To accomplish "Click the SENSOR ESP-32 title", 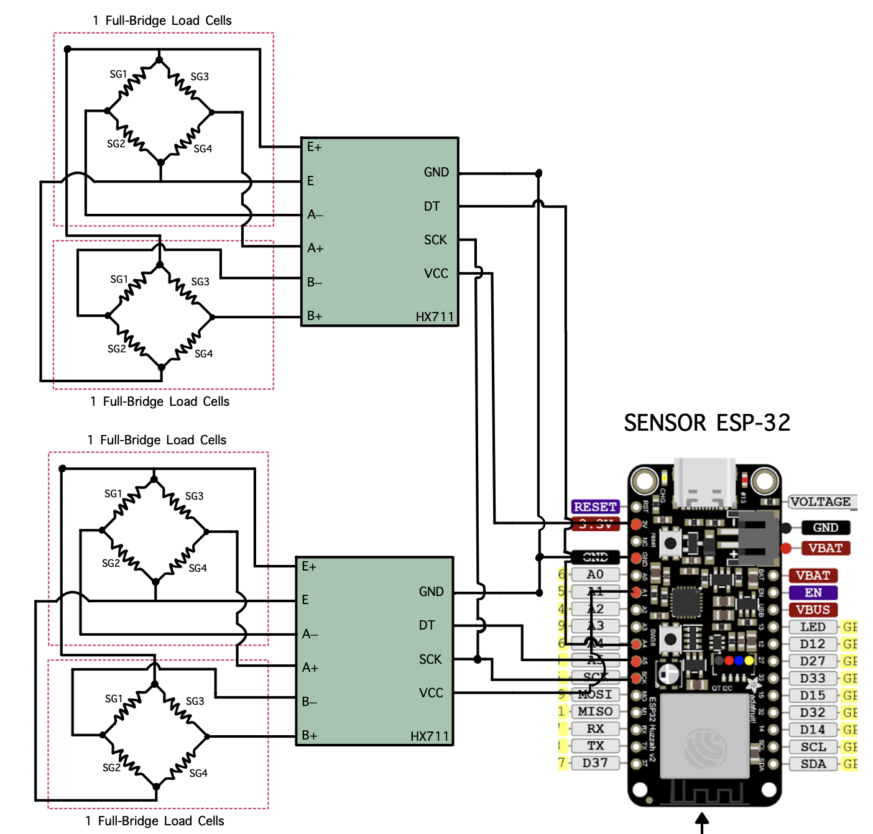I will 707,423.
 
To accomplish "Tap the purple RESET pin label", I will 595,506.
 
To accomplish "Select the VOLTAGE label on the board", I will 821,502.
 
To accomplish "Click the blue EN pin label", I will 813,593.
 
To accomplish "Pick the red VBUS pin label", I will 813,610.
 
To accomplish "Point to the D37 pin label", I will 594,763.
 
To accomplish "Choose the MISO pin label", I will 594,712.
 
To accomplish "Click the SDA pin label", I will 813,764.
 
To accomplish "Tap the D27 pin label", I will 812,661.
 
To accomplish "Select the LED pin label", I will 812,627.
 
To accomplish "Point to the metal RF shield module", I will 704,736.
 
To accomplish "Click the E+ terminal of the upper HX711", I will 314,147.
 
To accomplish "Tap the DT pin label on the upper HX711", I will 432,206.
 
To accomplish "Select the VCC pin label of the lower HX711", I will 431,693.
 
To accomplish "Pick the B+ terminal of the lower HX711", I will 309,736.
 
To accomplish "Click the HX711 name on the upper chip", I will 435,317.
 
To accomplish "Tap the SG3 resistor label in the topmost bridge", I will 200,76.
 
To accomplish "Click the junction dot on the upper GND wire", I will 538,173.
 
